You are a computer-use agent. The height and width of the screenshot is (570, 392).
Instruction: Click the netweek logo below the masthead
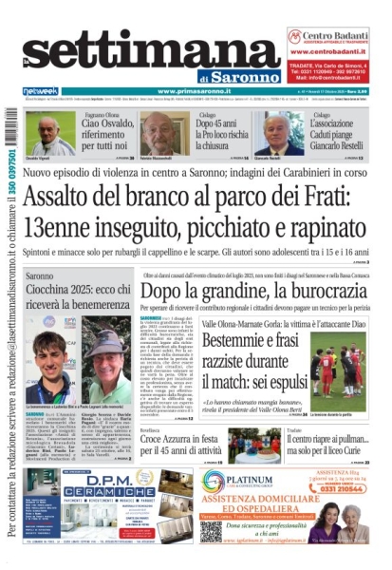[x=41, y=91]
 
